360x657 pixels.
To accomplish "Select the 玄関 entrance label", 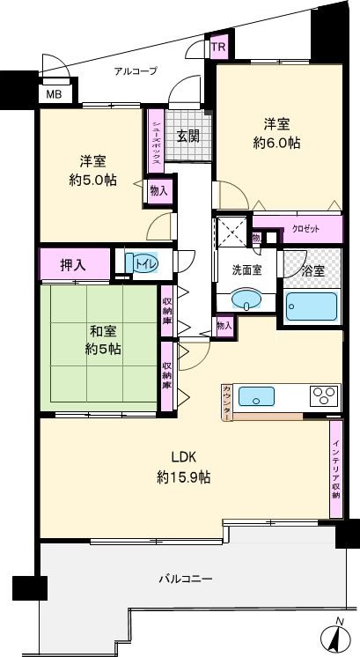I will (x=186, y=137).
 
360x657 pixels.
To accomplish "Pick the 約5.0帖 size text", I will (x=93, y=181).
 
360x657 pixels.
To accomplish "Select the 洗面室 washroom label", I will (x=246, y=270).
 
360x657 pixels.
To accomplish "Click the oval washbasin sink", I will (x=247, y=302).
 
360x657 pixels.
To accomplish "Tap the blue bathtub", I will (x=312, y=308).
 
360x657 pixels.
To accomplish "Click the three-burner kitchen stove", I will (x=321, y=395).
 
